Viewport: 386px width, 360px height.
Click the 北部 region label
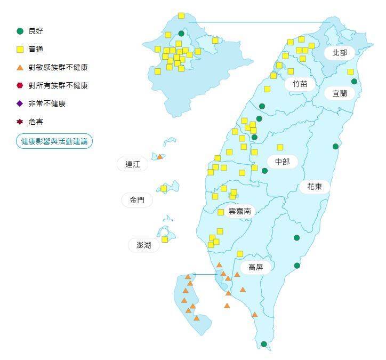(x=339, y=52)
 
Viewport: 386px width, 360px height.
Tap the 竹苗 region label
(x=299, y=84)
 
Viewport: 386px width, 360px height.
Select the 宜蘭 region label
(x=340, y=93)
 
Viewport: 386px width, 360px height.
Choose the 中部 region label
(x=282, y=161)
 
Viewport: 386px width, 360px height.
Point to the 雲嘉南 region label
(x=239, y=211)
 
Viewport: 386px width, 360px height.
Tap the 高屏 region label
(x=255, y=267)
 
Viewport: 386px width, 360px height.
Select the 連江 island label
(x=132, y=164)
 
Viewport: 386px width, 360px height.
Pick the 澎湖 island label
(x=143, y=245)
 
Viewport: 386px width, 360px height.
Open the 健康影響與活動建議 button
(x=54, y=141)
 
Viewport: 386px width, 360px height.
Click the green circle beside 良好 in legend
(x=20, y=31)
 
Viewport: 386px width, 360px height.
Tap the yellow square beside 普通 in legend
(x=20, y=50)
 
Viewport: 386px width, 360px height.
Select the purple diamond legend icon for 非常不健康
(x=20, y=103)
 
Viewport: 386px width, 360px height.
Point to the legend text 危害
(x=36, y=122)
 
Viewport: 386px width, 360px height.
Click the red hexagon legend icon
(x=20, y=85)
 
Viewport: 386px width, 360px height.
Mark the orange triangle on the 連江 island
(x=159, y=156)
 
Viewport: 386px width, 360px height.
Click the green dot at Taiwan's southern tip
(x=264, y=344)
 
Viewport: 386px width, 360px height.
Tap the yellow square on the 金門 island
(x=164, y=188)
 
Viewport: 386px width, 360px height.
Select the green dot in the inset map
(x=181, y=34)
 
